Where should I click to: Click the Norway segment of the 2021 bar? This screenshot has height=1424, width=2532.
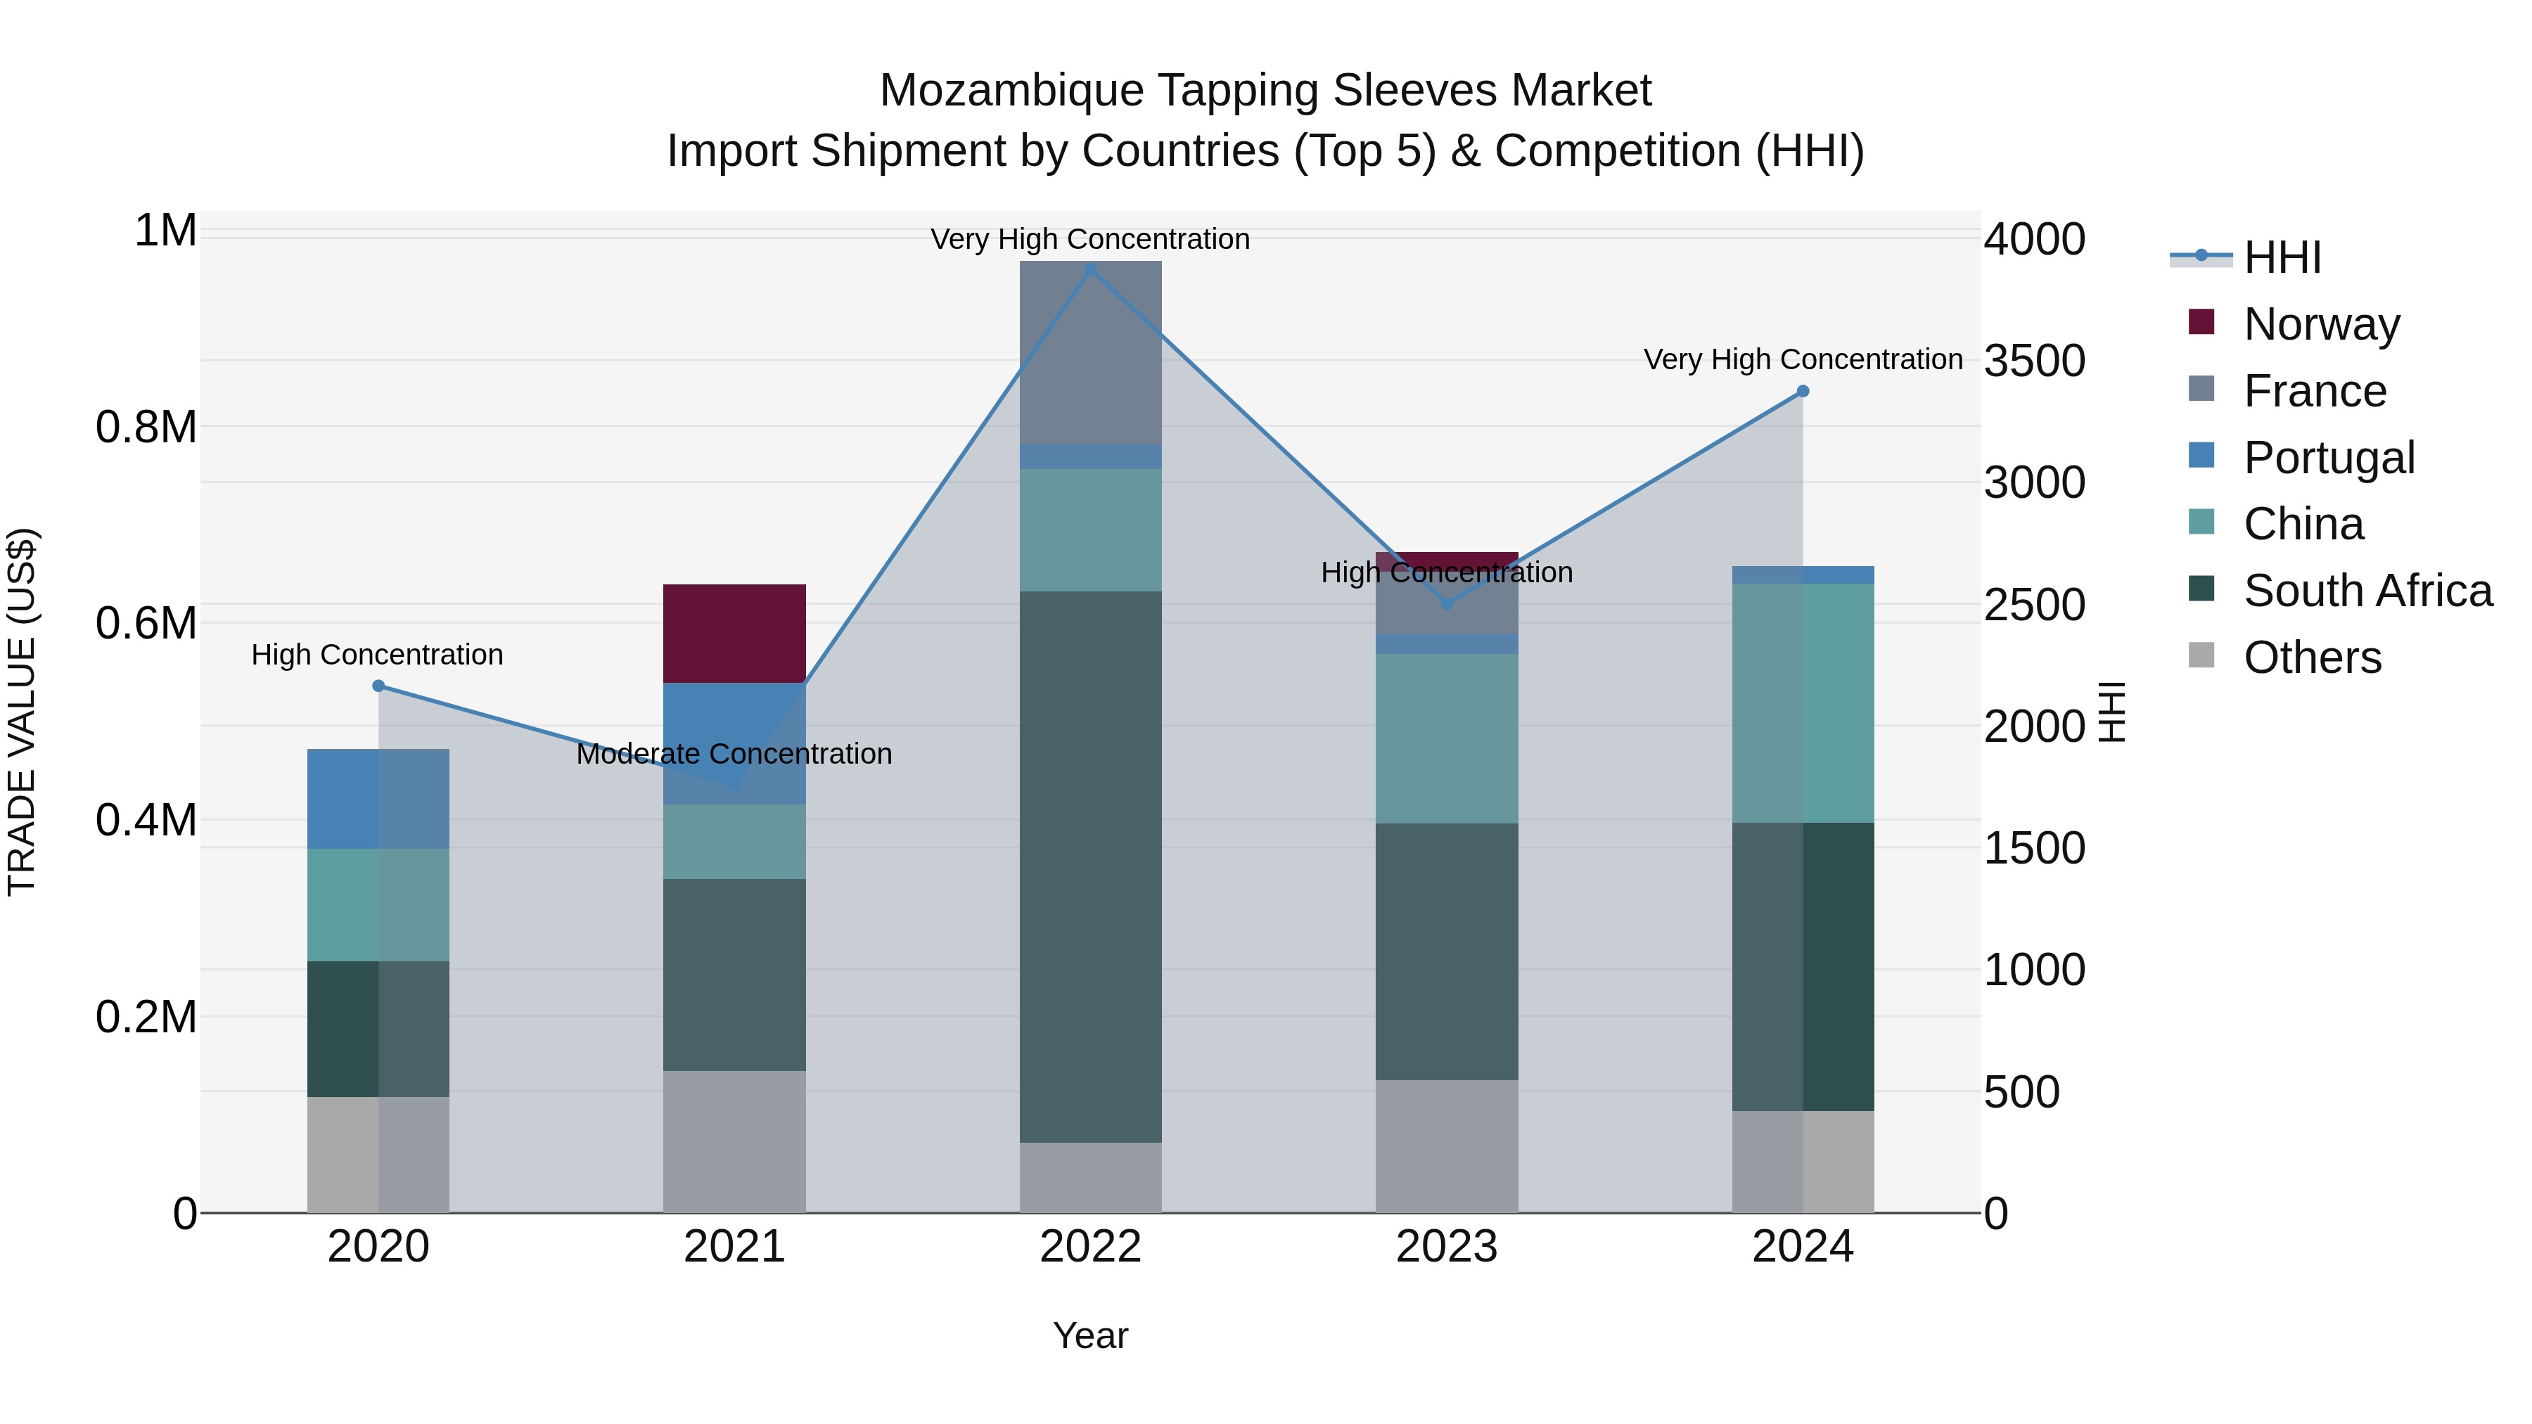734,633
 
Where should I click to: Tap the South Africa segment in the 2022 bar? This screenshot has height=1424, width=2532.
1090,866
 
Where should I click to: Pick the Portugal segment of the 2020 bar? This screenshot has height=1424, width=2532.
378,798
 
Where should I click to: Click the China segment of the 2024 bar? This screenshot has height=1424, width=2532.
1802,703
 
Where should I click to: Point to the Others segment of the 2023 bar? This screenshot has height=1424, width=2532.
1446,1146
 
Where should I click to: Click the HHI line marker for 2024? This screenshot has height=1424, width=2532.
1802,391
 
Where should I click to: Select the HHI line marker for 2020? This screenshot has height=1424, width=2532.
378,686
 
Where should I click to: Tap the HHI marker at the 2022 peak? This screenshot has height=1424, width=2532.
1090,269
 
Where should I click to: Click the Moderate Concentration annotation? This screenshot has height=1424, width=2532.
734,754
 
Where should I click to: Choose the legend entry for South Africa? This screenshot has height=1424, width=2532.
2367,591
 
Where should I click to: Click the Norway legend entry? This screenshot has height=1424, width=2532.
2321,324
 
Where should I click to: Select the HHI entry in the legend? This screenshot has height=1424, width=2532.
2282,257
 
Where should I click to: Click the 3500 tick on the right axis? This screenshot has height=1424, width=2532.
2033,361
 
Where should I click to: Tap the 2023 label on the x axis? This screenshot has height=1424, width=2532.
1446,1247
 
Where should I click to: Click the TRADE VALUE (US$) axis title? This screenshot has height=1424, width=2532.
22,712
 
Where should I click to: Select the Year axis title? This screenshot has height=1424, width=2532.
1090,1335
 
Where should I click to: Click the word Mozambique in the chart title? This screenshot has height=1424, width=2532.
1011,91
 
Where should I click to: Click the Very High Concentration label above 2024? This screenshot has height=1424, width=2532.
1802,359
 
